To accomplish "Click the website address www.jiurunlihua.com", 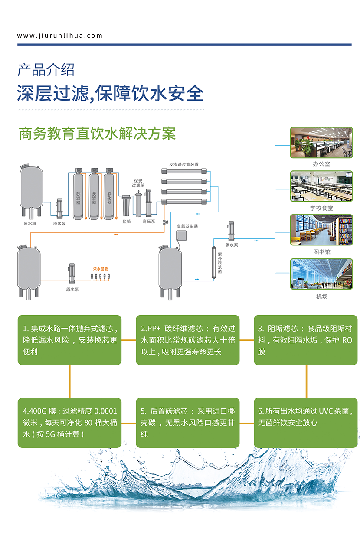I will (60, 36).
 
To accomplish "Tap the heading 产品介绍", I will (46, 69).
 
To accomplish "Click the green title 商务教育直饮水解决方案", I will (97, 133).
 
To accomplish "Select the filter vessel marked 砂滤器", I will (78, 196).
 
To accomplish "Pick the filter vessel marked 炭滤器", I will (94, 196).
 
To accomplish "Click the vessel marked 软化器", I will (109, 196).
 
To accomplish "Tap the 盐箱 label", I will (126, 222).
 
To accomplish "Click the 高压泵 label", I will (148, 222).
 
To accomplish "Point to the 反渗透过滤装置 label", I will (184, 165).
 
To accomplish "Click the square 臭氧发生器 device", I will (182, 235).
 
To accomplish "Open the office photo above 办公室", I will (321, 142).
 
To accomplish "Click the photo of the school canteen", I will (321, 186).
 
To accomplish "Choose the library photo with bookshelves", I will (321, 229).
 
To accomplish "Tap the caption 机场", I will (321, 297).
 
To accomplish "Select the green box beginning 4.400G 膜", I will (69, 422).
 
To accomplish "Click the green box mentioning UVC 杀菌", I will (305, 422).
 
